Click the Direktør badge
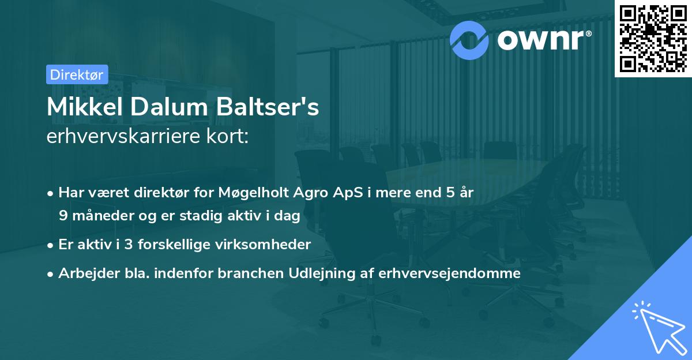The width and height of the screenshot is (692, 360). [x=77, y=74]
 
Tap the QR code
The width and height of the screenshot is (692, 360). [x=652, y=38]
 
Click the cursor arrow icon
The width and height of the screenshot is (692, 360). [x=659, y=328]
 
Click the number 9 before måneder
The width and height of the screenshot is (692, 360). [x=63, y=216]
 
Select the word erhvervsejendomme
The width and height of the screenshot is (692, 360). [x=450, y=273]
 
